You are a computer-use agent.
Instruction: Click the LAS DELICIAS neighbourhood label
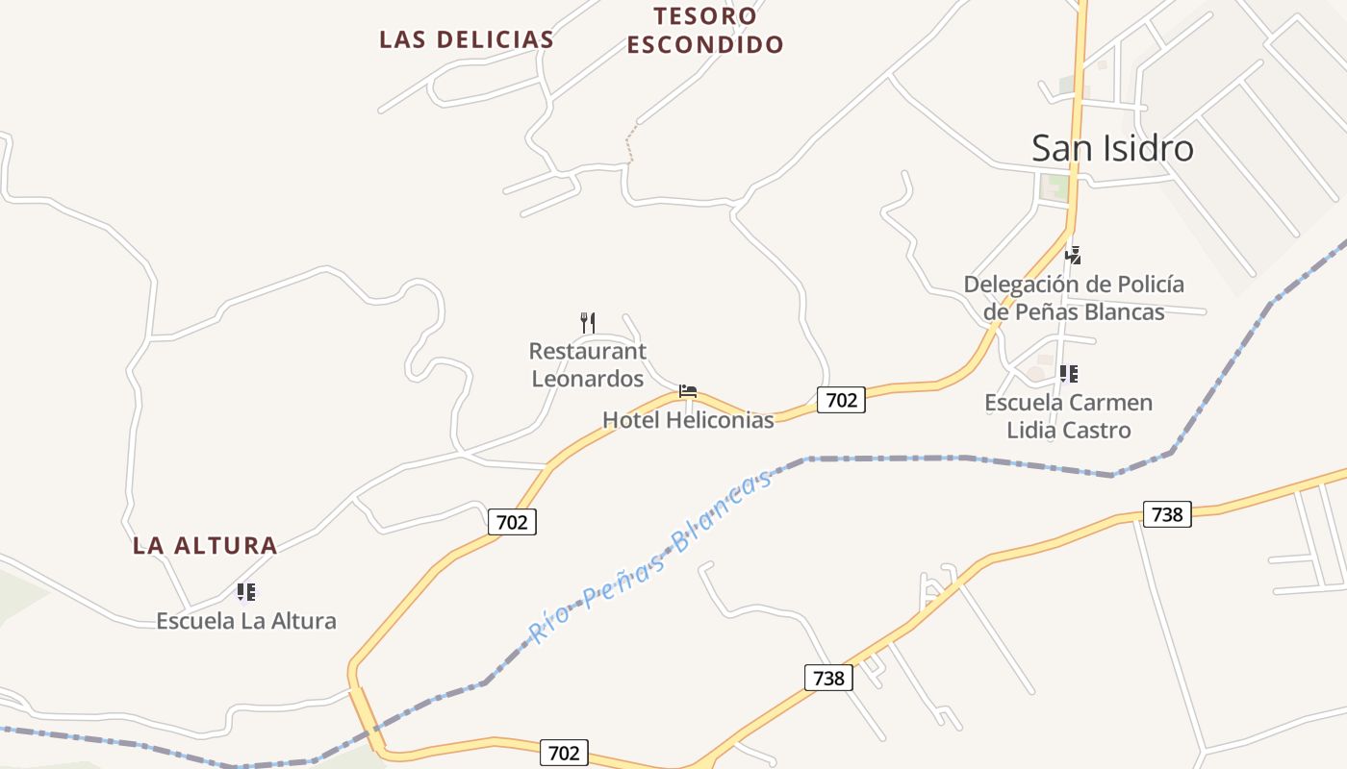[x=466, y=39]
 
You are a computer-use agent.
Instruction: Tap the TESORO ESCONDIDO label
[x=705, y=30]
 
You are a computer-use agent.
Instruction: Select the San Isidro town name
[x=1112, y=148]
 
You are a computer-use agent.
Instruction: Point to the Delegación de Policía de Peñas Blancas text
[x=1074, y=298]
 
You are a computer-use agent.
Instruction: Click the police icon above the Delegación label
[x=1073, y=256]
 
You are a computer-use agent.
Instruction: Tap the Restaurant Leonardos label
[x=587, y=364]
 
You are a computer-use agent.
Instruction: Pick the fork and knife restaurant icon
[x=587, y=322]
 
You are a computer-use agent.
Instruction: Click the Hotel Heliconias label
[x=688, y=420]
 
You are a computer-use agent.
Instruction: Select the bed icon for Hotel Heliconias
[x=687, y=391]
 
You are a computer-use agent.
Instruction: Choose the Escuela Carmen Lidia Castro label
[x=1068, y=415]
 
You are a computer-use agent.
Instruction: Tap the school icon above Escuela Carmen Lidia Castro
[x=1068, y=373]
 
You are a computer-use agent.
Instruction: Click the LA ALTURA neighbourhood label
[x=205, y=546]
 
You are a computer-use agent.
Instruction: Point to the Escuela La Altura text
[x=246, y=621]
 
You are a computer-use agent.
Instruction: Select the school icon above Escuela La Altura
[x=246, y=592]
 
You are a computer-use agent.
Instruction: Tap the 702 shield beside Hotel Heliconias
[x=841, y=400]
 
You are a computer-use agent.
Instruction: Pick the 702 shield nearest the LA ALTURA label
[x=512, y=522]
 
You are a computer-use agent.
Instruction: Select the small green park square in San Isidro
[x=1056, y=186]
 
